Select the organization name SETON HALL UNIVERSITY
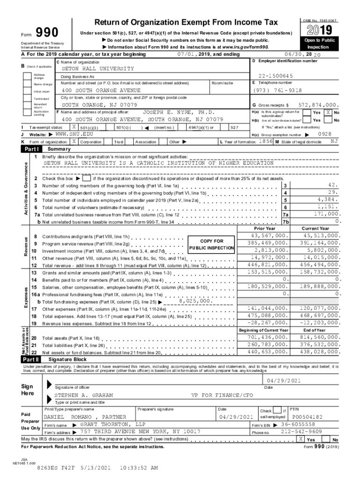click(98, 69)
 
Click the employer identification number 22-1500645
click(275, 76)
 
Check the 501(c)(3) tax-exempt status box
click(74, 127)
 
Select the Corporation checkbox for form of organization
click(74, 141)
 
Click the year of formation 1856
click(266, 141)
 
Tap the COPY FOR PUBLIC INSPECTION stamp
click(211, 245)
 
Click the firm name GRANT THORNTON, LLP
click(112, 425)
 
